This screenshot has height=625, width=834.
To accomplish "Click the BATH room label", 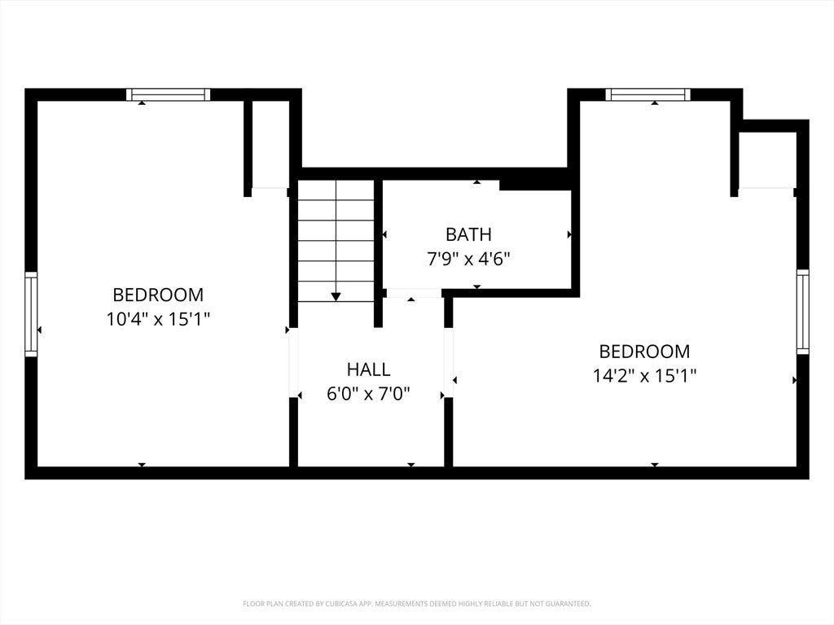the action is point(468,234).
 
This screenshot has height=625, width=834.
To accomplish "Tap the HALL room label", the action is point(369,369).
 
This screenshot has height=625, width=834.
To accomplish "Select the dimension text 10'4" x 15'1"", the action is point(158,319).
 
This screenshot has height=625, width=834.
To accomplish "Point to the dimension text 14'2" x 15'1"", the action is point(645,376).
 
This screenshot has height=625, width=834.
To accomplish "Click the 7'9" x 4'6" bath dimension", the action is point(468,260).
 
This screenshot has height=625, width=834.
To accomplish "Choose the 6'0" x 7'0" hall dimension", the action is point(369,395).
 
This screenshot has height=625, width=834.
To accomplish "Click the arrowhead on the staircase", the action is point(336,296).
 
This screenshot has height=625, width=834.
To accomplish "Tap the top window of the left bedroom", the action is point(168,94).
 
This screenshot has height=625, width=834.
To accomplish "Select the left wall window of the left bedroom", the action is point(32,314).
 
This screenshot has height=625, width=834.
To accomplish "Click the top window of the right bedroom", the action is point(647,94).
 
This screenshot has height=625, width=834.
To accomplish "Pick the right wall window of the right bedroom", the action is point(802,312).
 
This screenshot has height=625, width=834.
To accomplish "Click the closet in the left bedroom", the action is point(270,143).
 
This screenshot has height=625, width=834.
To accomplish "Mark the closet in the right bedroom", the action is point(767,160).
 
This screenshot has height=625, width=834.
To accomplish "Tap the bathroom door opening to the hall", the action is point(413,293).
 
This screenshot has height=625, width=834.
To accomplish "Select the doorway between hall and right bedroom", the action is point(449,362).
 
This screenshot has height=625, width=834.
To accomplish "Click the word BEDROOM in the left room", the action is point(158,295).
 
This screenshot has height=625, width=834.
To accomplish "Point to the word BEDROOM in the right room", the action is point(645,352).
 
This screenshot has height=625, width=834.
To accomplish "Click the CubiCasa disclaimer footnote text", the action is point(417,604).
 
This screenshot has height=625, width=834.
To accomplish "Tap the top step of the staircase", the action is point(336,190).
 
